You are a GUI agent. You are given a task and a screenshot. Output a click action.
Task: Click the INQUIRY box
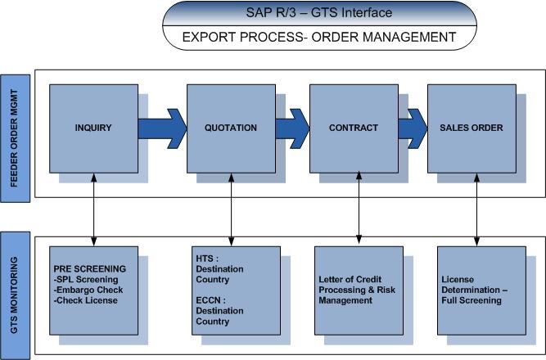pos(93,128)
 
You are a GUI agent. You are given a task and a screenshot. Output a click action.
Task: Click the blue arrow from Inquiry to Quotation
pos(162,128)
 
